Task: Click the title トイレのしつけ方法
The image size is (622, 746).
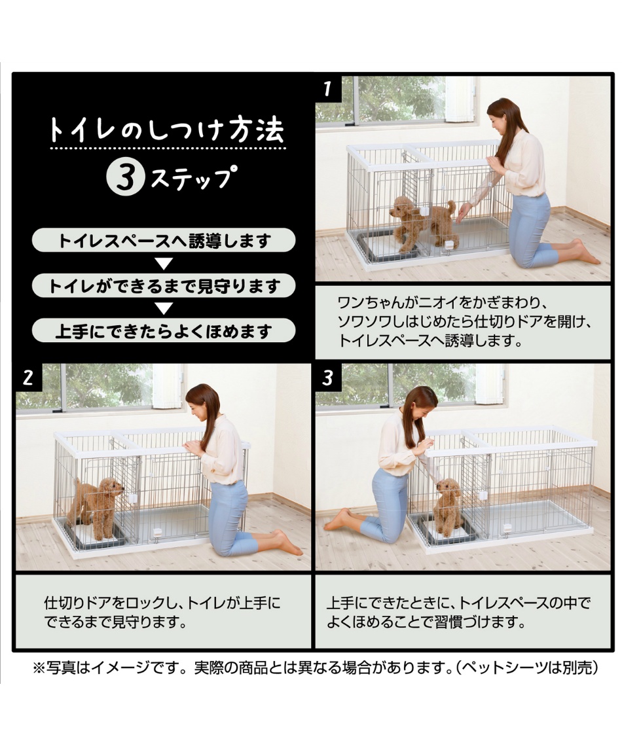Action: [166, 130]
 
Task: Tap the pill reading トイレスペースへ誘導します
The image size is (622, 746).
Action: [164, 240]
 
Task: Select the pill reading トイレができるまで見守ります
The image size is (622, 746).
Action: [164, 286]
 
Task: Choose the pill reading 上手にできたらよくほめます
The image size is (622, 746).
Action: [164, 331]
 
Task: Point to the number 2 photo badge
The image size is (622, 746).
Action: [28, 378]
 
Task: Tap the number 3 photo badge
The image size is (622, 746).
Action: [328, 378]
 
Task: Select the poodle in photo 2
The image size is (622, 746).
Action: [98, 504]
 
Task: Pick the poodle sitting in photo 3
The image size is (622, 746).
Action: [450, 506]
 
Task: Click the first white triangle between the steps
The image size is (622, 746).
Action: [164, 264]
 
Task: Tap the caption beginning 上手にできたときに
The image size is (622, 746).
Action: [458, 611]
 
